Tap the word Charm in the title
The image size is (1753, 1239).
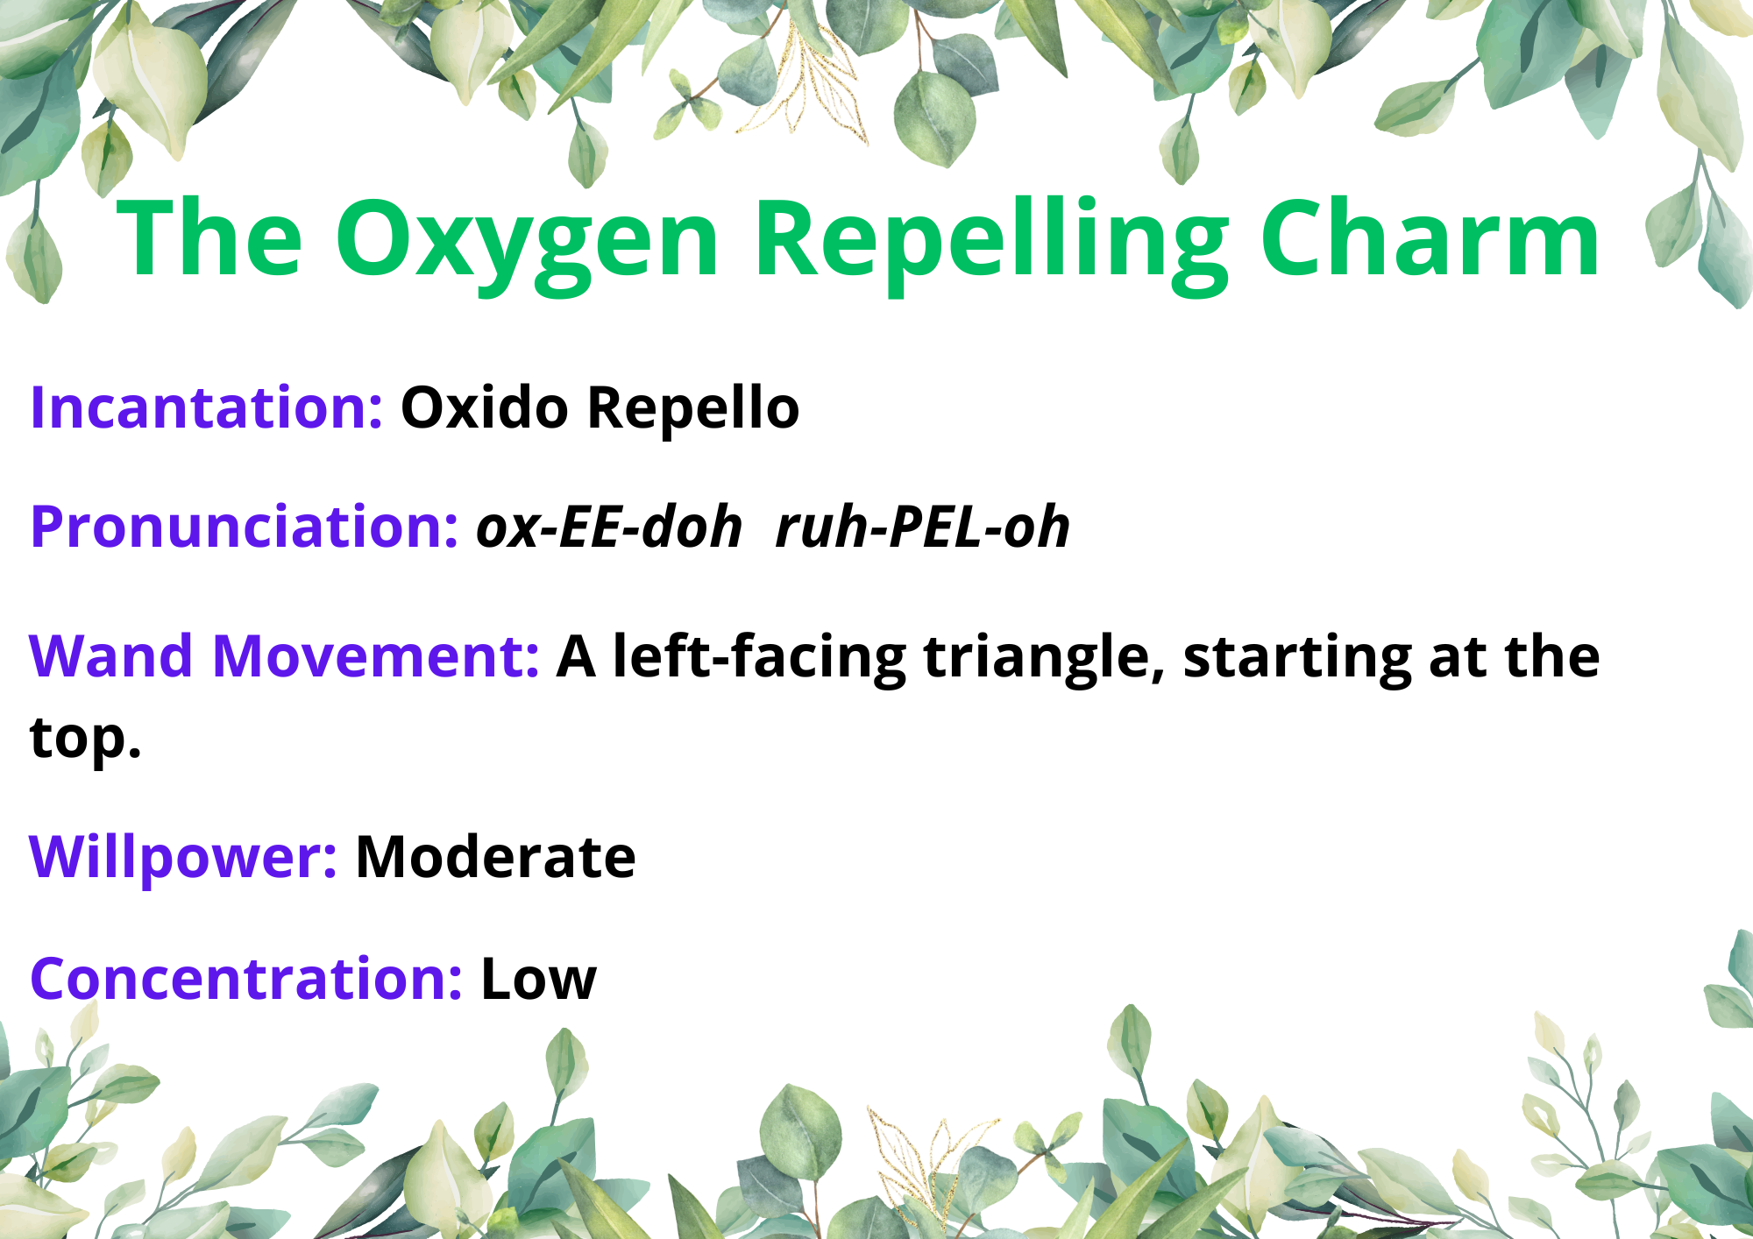pos(1431,237)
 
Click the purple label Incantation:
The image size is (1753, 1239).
pos(206,407)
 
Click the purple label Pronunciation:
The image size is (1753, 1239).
pos(244,528)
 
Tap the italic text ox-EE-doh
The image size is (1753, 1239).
pos(609,527)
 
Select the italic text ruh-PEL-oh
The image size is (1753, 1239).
pos(923,528)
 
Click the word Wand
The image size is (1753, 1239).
pos(110,656)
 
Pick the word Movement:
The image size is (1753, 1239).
pos(376,656)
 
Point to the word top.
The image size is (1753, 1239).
pos(85,739)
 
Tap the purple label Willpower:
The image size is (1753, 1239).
pos(183,858)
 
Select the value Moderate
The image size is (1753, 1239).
pos(495,856)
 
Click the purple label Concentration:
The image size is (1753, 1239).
pos(246,978)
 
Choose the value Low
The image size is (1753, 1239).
pos(539,978)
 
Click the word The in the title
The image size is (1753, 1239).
pos(209,237)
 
